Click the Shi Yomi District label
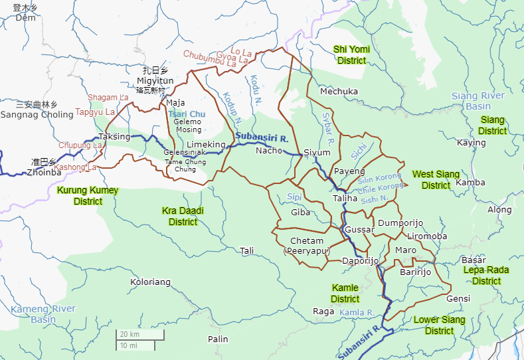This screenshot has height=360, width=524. point(351,54)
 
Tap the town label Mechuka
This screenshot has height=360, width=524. point(339,91)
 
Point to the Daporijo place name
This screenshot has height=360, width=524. point(360,261)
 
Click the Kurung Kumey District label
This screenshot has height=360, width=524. point(87,196)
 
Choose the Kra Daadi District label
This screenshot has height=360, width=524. point(183,216)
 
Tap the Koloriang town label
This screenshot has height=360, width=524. point(150,282)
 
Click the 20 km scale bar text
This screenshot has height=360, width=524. point(130,333)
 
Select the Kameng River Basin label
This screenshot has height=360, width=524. point(43,314)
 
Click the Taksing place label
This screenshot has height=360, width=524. point(114,136)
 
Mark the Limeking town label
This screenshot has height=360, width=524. point(206,144)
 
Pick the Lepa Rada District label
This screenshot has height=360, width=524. point(486,275)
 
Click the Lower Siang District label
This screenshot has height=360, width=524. point(439,325)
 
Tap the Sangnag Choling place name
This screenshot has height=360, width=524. point(37,114)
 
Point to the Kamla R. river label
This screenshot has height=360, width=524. point(357,312)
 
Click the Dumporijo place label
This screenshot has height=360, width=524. point(400,223)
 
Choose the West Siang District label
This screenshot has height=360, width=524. point(436,179)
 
